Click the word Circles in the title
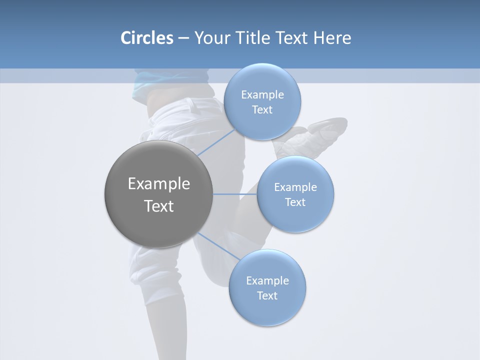point(146,38)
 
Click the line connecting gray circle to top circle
point(216,142)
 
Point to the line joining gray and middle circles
point(235,194)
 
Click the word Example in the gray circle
point(159,184)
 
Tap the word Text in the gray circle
point(159,206)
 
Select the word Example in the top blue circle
point(262,95)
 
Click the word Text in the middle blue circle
point(295,202)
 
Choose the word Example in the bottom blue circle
point(267,280)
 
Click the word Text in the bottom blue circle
point(267,295)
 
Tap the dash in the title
point(183,38)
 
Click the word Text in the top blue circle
point(262,110)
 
